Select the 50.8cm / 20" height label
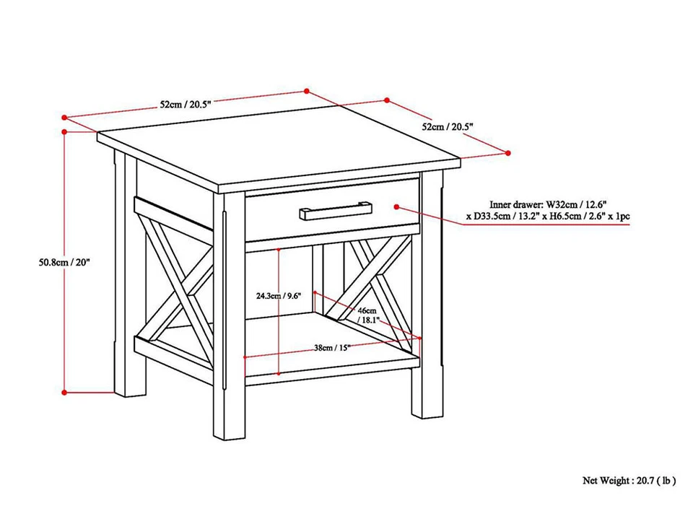point(65,263)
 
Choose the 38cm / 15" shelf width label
point(333,347)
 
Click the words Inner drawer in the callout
point(516,205)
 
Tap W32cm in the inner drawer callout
point(563,205)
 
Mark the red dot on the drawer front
point(396,206)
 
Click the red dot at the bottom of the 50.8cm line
point(65,392)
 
